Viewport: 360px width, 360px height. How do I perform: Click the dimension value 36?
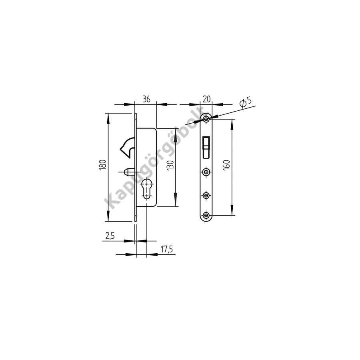click(146, 99)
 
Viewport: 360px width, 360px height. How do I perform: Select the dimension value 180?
click(103, 165)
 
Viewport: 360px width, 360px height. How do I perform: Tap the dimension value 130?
click(170, 165)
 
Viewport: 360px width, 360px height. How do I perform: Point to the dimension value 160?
click(226, 165)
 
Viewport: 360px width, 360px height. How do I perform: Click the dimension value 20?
click(207, 99)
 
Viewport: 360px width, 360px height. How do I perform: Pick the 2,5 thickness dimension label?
click(110, 236)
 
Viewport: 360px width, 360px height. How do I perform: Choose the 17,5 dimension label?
click(167, 249)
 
